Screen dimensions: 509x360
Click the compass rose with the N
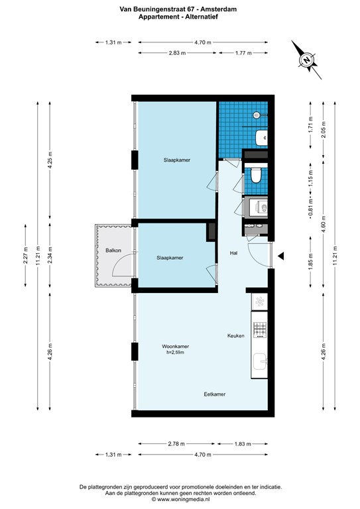tap(306, 60)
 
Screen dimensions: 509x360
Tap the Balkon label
tap(112, 250)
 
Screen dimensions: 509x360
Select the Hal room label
tap(233, 253)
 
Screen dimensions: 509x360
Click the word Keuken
tap(236, 336)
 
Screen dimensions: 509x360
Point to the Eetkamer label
tap(214, 394)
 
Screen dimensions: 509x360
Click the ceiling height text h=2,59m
tap(176, 353)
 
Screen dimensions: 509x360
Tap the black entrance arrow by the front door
tap(281, 256)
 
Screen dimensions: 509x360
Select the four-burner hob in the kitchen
tap(259, 327)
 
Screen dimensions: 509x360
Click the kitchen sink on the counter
tap(259, 362)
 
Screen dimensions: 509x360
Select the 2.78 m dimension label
tap(176, 443)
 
